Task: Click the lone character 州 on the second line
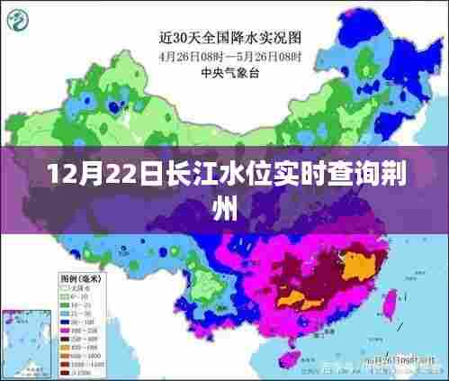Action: (x=224, y=208)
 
